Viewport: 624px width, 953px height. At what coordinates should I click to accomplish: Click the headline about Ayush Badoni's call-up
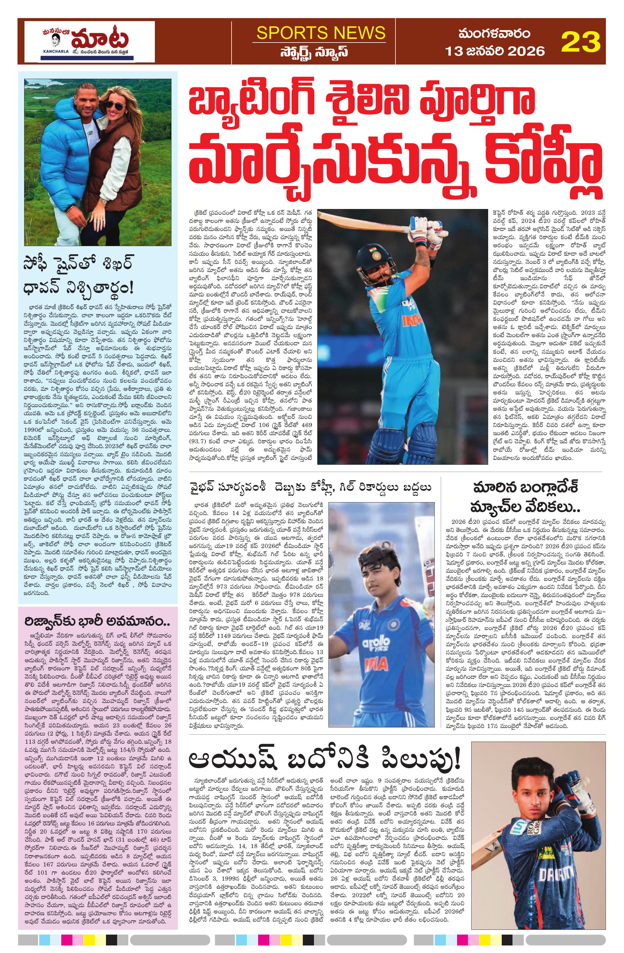(325, 758)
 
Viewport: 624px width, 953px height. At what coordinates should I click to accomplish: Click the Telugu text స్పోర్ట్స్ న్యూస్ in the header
(319, 52)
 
